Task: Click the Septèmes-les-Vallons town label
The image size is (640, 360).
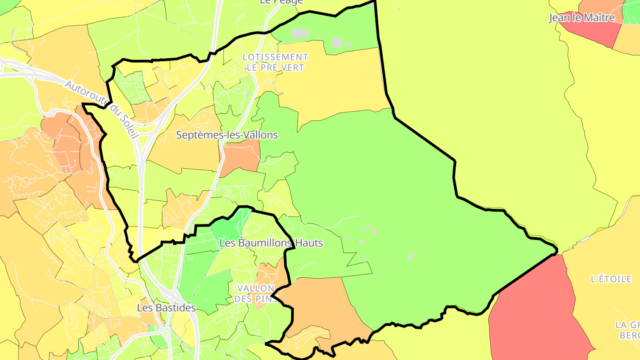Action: pyautogui.click(x=227, y=135)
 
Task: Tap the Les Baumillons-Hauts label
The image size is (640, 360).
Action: pyautogui.click(x=271, y=243)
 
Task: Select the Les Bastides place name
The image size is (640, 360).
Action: pyautogui.click(x=166, y=308)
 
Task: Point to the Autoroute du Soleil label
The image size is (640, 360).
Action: pyautogui.click(x=102, y=109)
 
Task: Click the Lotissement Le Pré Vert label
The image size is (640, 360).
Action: pyautogui.click(x=276, y=62)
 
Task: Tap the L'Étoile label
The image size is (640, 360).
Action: pyautogui.click(x=611, y=279)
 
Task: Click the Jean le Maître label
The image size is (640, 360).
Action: pyautogui.click(x=582, y=18)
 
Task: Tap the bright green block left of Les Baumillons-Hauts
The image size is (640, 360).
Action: pyautogui.click(x=227, y=227)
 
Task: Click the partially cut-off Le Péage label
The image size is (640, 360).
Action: pyautogui.click(x=281, y=2)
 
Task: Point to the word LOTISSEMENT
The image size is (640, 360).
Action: pyautogui.click(x=276, y=57)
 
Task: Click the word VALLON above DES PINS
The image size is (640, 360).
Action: pyautogui.click(x=256, y=288)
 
